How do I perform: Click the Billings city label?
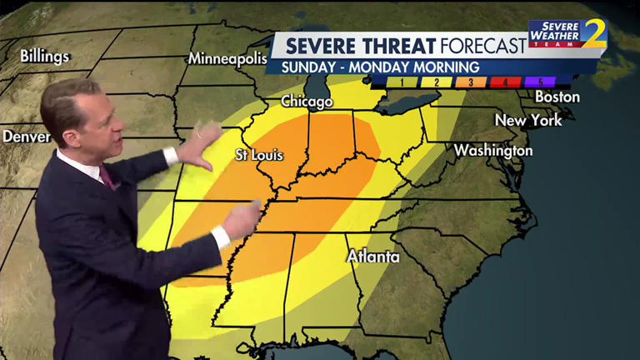[x=45, y=57]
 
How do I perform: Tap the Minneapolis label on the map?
[x=227, y=58]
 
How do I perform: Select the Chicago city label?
[x=307, y=102]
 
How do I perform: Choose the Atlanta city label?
[x=373, y=256]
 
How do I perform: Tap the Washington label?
[x=493, y=151]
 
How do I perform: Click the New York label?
[x=528, y=120]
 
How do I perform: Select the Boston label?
[x=557, y=97]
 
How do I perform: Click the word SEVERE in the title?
[x=319, y=45]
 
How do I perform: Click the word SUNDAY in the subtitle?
[x=313, y=67]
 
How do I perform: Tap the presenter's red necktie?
[x=107, y=177]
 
